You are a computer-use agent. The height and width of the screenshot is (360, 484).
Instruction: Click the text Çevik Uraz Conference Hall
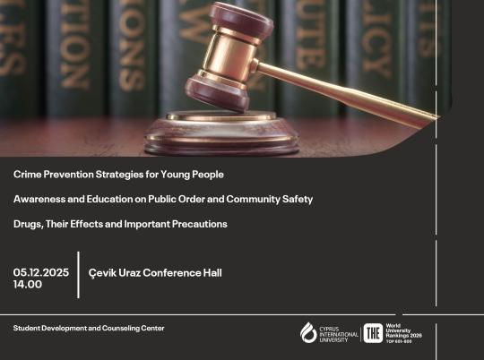(155, 272)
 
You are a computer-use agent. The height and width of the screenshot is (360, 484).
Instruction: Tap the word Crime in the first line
(27, 173)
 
